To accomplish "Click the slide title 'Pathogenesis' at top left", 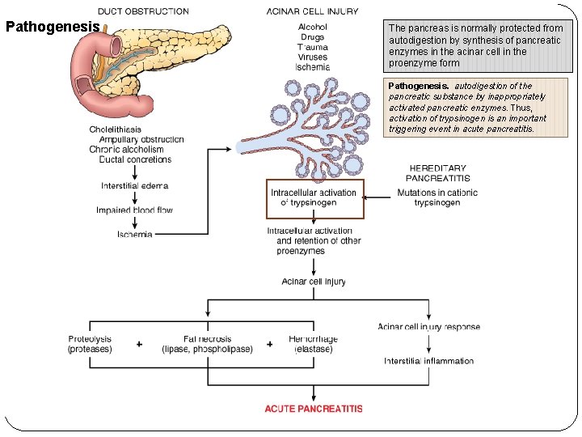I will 53,26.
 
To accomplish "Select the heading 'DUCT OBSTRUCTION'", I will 143,12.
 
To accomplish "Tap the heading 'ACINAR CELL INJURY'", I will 313,12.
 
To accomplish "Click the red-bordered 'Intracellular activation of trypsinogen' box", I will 315,198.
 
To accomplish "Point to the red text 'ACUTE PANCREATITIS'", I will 314,409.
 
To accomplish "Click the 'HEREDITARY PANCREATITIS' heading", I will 437,173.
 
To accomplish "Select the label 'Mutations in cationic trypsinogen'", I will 437,197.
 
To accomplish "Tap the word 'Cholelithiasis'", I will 116,129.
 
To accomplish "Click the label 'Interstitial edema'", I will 134,186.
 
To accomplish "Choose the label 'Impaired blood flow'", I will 134,210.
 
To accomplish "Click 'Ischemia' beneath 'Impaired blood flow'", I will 134,235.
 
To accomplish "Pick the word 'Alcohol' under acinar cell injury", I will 313,27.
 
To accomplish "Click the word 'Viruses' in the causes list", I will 313,57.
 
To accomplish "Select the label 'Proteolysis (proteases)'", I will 90,344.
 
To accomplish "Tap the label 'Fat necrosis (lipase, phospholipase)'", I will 207,344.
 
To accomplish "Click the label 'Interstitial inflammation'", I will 428,361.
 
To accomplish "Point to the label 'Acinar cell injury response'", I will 428,327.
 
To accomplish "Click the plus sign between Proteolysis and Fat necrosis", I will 139,345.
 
